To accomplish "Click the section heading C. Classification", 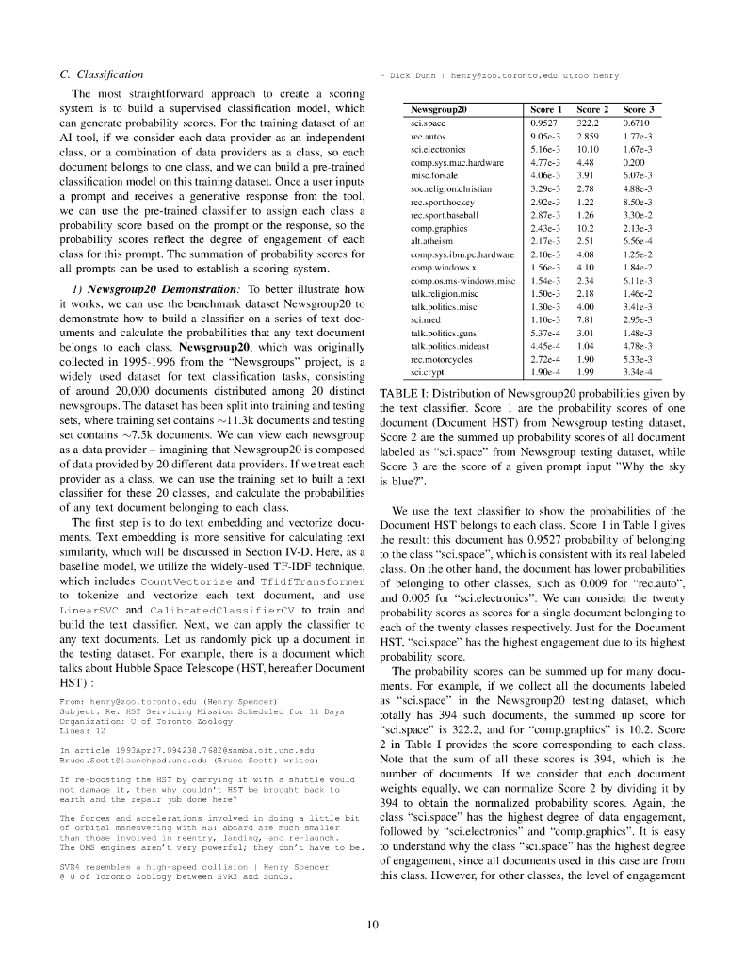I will click(101, 74).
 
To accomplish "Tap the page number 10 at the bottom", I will click(372, 924).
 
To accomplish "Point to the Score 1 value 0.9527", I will click(546, 123).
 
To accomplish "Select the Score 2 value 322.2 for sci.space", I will click(589, 123).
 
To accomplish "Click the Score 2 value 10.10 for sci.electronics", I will click(589, 149).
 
